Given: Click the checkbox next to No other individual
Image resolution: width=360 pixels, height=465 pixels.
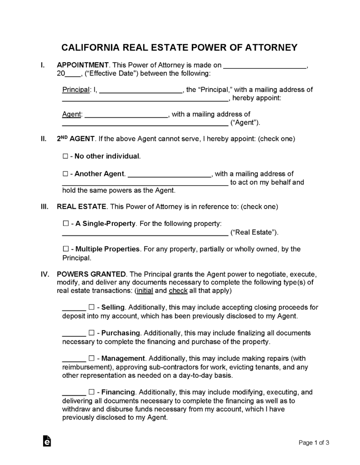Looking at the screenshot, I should tap(65, 156).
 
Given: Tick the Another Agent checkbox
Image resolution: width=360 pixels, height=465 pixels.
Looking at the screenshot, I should tap(65, 174).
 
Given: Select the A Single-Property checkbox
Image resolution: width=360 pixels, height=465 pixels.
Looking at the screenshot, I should tap(65, 224).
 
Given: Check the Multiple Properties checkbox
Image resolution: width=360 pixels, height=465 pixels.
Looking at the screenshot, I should tap(65, 249).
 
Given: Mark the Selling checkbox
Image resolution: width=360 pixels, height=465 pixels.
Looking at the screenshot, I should tap(91, 308).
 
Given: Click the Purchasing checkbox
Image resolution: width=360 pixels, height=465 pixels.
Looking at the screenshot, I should tap(91, 333).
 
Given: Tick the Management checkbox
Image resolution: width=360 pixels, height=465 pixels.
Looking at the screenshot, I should tap(91, 358).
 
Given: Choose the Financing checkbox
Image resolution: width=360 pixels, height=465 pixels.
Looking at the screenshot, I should tap(91, 392).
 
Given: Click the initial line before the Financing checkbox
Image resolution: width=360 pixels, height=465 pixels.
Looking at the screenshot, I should tap(74, 393).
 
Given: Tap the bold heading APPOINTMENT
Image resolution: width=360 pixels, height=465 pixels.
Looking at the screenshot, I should tap(82, 65).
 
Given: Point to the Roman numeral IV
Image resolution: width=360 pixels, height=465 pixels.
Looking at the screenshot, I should tap(45, 274).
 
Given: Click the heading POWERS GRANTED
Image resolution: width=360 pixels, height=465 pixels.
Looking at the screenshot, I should tap(91, 274).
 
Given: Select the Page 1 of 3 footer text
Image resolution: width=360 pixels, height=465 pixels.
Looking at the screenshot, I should tap(314, 442).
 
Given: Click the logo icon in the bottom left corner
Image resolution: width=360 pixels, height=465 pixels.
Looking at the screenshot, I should tap(46, 442).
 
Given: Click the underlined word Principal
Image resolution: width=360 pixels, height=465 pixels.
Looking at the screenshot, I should tap(75, 90).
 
